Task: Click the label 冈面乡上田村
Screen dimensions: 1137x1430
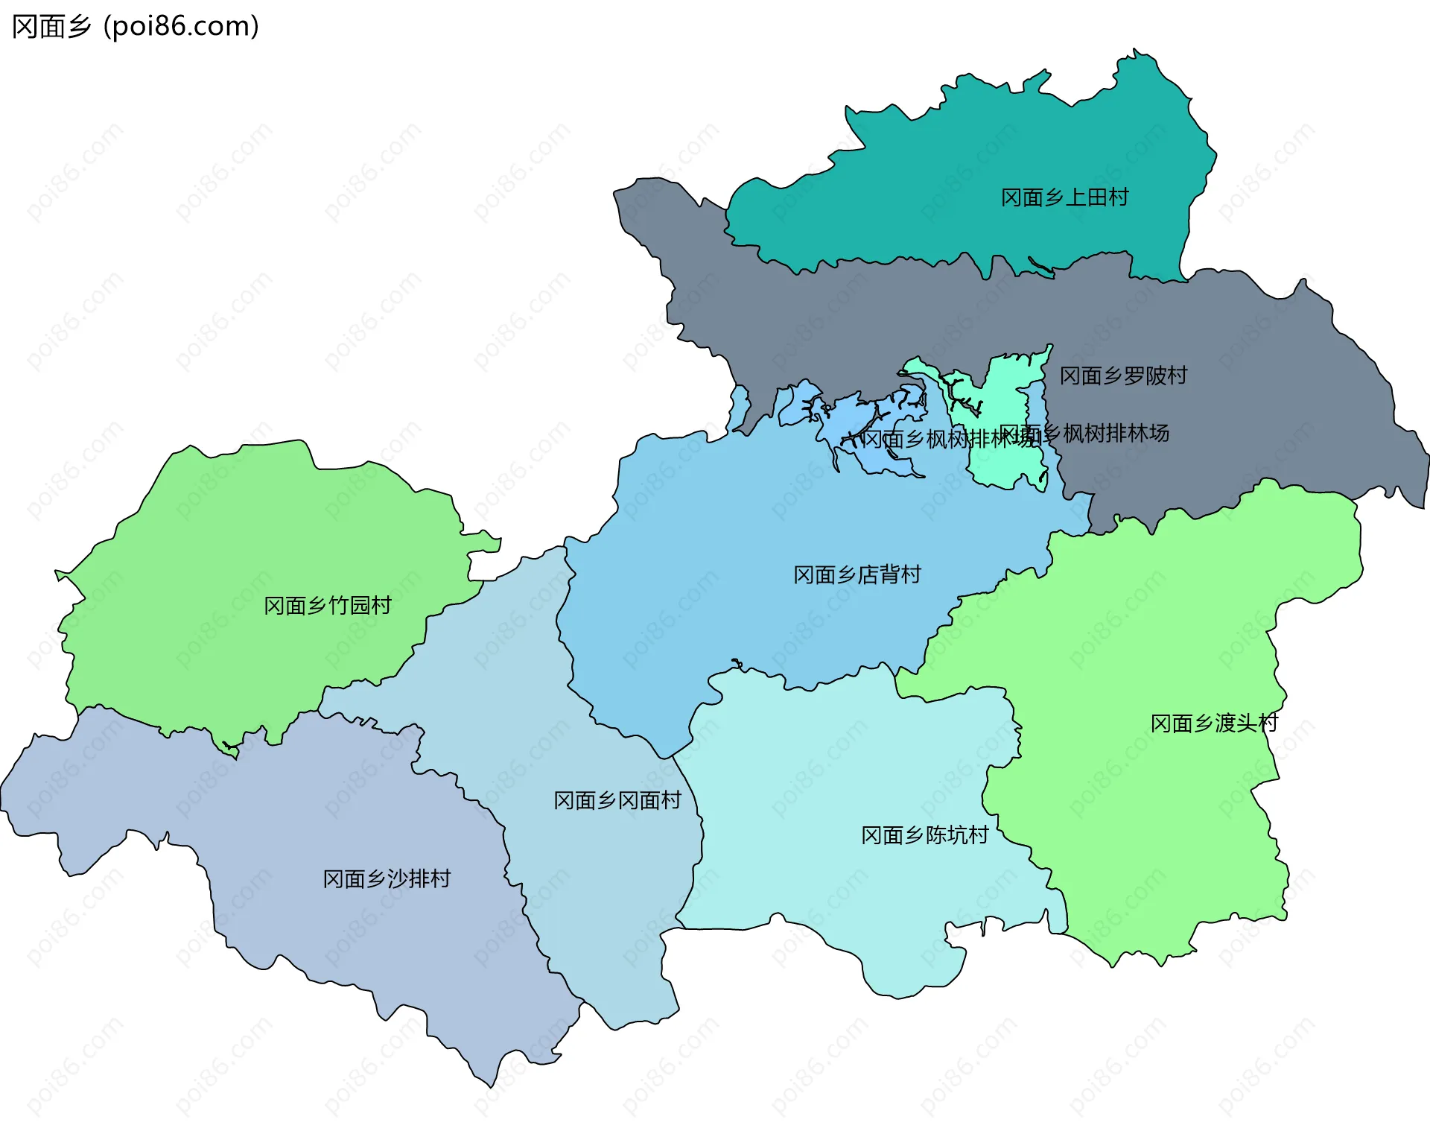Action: coord(1064,197)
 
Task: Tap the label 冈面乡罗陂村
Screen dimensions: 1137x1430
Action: coord(1123,376)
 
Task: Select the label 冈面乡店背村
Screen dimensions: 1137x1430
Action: coord(857,574)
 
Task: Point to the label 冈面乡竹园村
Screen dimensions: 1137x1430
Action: coord(328,605)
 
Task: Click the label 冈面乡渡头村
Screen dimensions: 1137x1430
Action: coord(1214,723)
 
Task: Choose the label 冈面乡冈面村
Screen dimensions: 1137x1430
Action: coord(617,800)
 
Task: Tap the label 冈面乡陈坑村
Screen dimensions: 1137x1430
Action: coord(925,835)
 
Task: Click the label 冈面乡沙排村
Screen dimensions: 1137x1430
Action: coord(387,879)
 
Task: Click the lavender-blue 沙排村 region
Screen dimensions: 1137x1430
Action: coord(298,820)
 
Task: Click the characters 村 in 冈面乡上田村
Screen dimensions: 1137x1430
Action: coord(1118,197)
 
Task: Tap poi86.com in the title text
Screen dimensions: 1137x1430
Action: coord(181,26)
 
